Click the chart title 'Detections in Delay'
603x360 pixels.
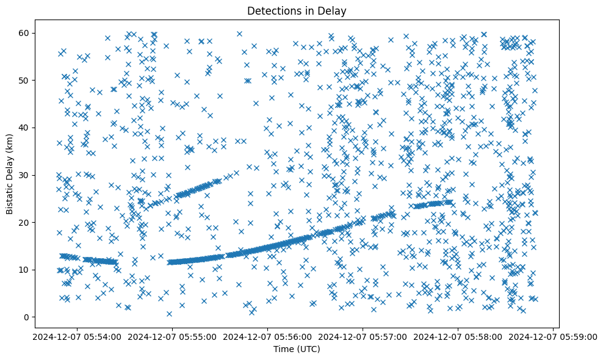click(296, 10)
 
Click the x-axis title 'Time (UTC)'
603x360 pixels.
click(296, 350)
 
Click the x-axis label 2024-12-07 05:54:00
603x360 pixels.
click(76, 337)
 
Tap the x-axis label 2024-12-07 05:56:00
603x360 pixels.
click(267, 337)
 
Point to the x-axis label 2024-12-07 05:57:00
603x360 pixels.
click(363, 337)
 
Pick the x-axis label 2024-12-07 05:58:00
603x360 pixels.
click(458, 337)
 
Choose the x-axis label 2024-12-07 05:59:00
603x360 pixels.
click(554, 337)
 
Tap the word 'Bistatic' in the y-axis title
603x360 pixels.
click(10, 196)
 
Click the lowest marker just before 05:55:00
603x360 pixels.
click(169, 314)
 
